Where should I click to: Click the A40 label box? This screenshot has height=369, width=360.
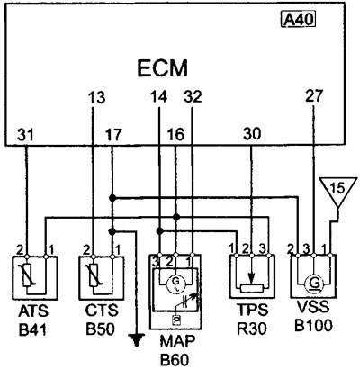pyautogui.click(x=299, y=20)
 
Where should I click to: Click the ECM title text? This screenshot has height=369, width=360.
pyautogui.click(x=163, y=68)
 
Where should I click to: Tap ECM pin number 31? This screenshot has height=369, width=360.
pyautogui.click(x=26, y=135)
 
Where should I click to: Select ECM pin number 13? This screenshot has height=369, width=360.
pyautogui.click(x=97, y=98)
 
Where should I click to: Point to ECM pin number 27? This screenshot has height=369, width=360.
pyautogui.click(x=314, y=96)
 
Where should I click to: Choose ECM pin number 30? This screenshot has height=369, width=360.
pyautogui.click(x=252, y=134)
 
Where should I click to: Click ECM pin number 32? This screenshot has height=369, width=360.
pyautogui.click(x=193, y=97)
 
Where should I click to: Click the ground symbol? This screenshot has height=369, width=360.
pyautogui.click(x=137, y=340)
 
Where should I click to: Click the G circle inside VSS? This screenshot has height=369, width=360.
pyautogui.click(x=314, y=283)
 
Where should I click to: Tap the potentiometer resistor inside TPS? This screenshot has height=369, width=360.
pyautogui.click(x=252, y=289)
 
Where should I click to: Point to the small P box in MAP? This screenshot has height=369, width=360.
pyautogui.click(x=176, y=320)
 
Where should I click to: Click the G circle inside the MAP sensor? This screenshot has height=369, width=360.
pyautogui.click(x=175, y=283)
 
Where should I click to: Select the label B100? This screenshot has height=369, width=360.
pyautogui.click(x=313, y=325)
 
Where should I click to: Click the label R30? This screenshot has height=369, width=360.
pyautogui.click(x=252, y=328)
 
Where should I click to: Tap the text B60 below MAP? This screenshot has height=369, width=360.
pyautogui.click(x=175, y=360)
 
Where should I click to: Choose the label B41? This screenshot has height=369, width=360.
pyautogui.click(x=33, y=329)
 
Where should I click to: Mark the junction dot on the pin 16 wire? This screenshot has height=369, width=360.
pyautogui.click(x=176, y=217)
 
